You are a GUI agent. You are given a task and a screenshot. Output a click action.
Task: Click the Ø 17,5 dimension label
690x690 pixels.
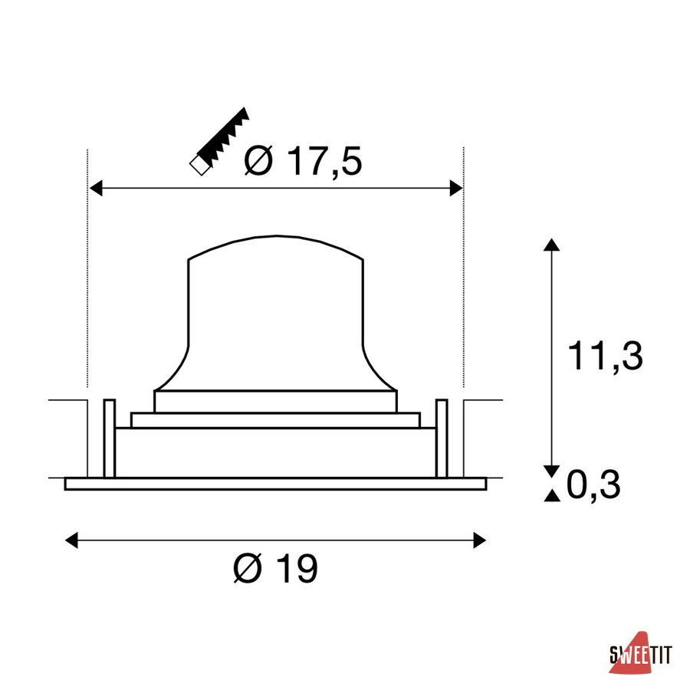coord(303,161)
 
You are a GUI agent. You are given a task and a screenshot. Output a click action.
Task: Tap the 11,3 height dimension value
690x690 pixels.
coord(606,356)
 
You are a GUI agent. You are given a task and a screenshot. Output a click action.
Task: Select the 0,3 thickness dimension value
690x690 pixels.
coord(593,485)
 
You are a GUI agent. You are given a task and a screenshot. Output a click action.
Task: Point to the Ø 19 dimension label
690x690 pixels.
coord(275,568)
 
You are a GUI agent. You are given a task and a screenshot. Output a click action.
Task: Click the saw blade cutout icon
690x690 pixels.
coord(219,141)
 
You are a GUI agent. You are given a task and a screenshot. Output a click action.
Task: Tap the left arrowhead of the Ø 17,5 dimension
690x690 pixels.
coord(96,188)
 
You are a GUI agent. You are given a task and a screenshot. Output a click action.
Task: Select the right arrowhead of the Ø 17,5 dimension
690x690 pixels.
coord(456,188)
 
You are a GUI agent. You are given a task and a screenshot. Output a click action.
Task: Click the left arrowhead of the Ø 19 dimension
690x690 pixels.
coord(71,540)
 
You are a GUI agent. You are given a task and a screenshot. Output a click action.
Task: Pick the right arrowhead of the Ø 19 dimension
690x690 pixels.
coord(480,540)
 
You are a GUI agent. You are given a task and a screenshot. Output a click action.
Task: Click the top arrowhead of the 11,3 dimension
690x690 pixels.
coord(551,245)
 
